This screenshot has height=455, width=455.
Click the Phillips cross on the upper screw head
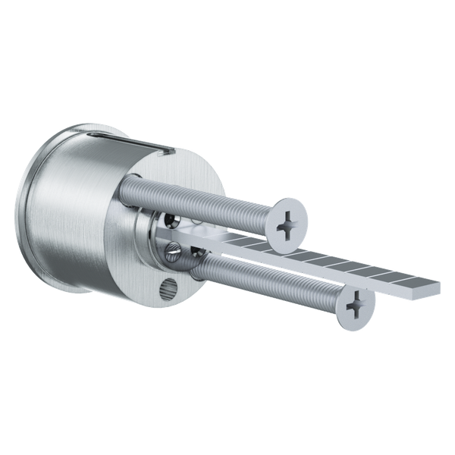[289, 224]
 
